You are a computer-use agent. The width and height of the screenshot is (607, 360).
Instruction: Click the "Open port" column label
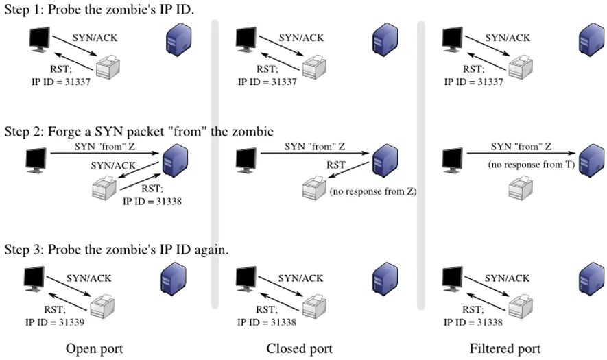pyautogui.click(x=94, y=349)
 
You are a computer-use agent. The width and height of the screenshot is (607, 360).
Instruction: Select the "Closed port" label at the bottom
pyautogui.click(x=300, y=349)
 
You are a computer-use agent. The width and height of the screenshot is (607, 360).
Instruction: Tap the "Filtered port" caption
pyautogui.click(x=505, y=349)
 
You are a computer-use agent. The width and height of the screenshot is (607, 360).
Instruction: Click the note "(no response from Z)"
pyautogui.click(x=372, y=192)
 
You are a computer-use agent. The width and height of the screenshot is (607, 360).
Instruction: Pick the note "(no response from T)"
pyautogui.click(x=530, y=164)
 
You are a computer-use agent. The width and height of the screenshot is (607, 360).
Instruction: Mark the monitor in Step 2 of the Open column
pyautogui.click(x=36, y=160)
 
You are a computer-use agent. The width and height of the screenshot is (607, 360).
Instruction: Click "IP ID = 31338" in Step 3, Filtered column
pyautogui.click(x=474, y=321)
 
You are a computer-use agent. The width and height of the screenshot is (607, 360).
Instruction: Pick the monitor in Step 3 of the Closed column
pyautogui.click(x=246, y=278)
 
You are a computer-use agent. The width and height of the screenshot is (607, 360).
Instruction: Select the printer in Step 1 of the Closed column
pyautogui.click(x=317, y=67)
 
